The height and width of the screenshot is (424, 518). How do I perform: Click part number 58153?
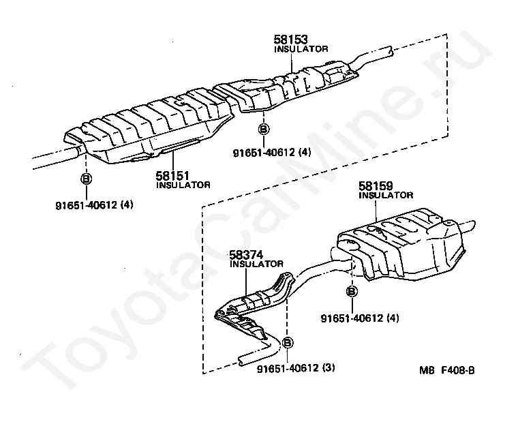click(290, 42)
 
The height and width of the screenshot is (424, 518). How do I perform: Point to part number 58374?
click(246, 256)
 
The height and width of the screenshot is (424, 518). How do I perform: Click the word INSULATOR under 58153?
click(301, 50)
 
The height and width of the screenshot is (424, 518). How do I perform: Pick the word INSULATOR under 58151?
click(183, 185)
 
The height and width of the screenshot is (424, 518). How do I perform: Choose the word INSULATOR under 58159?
click(386, 195)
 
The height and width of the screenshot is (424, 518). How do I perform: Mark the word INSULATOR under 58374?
click(257, 264)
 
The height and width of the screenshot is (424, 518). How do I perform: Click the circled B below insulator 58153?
click(264, 128)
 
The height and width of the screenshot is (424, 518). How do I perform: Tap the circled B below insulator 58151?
click(87, 179)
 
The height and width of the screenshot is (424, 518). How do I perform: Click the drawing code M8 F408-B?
click(446, 370)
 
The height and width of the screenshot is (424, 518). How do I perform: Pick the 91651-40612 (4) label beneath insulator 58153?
click(271, 153)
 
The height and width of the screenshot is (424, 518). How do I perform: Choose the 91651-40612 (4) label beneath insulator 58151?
click(94, 204)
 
